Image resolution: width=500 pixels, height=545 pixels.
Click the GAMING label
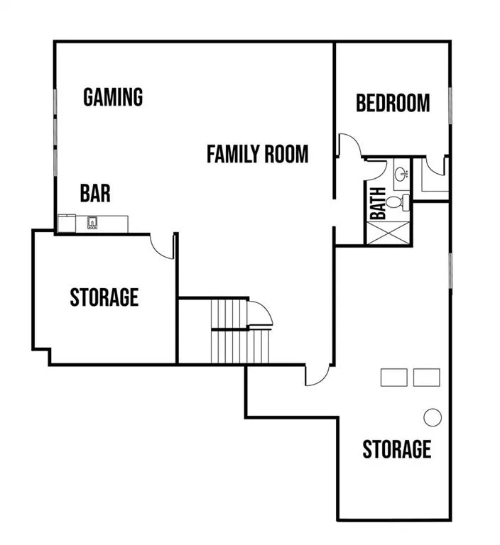[113, 97]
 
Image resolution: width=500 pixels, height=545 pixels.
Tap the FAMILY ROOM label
[258, 154]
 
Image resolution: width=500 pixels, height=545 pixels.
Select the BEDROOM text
[393, 103]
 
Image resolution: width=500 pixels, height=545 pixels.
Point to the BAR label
[95, 193]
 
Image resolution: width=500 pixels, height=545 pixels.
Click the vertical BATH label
[378, 204]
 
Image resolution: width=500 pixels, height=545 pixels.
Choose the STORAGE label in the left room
[104, 297]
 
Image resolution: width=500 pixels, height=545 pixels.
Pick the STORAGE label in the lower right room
[397, 448]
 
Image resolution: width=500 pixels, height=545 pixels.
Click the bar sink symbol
[92, 222]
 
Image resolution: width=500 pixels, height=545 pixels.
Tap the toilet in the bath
[398, 202]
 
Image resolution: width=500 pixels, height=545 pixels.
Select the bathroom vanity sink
[402, 172]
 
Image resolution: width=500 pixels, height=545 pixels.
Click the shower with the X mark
[388, 233]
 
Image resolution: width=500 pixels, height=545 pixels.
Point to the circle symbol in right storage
[433, 417]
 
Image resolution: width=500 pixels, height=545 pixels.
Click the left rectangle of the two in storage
[394, 378]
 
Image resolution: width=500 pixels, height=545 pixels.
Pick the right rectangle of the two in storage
[427, 378]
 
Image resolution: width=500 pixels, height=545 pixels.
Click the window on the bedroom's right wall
[450, 105]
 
